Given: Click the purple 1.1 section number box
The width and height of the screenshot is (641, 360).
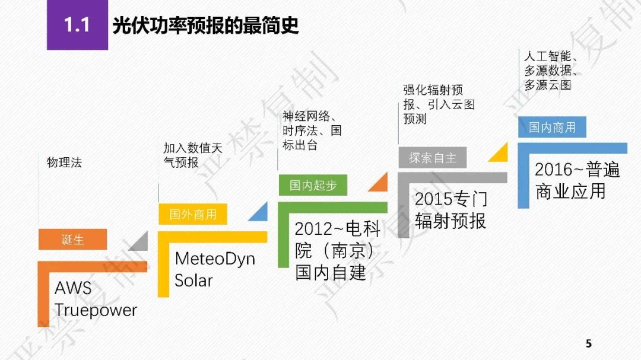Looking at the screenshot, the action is [x=77, y=25].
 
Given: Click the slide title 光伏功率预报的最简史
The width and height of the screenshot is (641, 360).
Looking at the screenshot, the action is [x=205, y=26].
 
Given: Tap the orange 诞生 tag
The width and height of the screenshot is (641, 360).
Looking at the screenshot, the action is [x=73, y=239].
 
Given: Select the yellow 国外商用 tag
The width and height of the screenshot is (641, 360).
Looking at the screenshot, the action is [x=193, y=214].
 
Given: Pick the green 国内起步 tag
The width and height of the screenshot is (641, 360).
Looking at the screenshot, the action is [x=313, y=185].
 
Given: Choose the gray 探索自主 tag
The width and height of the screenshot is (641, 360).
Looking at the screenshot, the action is [x=433, y=157].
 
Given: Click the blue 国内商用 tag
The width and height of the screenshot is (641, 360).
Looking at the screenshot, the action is [x=553, y=127].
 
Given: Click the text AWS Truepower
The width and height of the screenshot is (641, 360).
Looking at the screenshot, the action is [x=96, y=299].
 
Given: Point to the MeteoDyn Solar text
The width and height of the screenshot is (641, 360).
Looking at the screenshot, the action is [x=215, y=270].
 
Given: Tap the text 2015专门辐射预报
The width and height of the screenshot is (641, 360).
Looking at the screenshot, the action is [x=451, y=210].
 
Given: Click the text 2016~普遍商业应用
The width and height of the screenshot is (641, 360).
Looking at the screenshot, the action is [x=577, y=180].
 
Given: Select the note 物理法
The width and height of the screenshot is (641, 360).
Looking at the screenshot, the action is [x=64, y=163].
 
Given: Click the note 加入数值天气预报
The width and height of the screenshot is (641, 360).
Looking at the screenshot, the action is [x=193, y=155].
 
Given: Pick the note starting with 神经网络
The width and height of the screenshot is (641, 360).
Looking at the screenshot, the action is [x=312, y=130].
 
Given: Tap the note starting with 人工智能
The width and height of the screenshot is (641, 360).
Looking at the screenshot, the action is [x=551, y=71].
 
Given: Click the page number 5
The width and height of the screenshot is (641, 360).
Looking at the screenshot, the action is [x=589, y=343].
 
